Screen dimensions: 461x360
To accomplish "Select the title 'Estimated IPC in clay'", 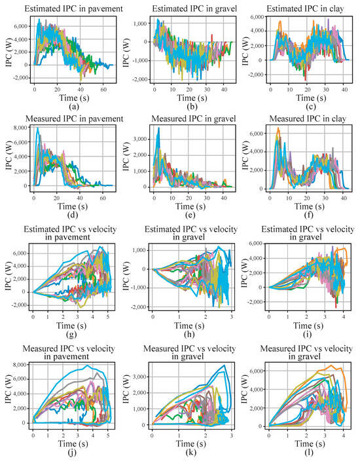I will pos(301,8).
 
